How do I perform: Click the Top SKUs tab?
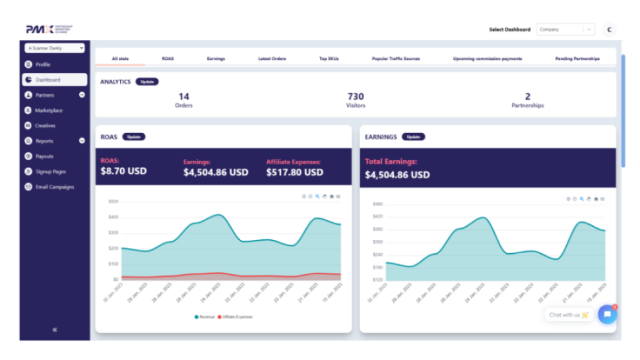point(329,59)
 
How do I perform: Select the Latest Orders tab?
point(272,59)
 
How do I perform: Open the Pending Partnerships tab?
point(577,59)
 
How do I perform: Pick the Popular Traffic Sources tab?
point(395,59)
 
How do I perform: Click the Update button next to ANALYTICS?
point(147,82)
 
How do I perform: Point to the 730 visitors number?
point(356,97)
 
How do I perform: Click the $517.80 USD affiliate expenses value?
point(294,172)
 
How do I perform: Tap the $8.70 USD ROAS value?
point(123,171)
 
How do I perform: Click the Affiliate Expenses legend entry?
point(237,316)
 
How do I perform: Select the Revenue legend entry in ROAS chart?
point(205,316)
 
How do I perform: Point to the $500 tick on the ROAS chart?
point(113,201)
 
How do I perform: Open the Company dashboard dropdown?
point(565,30)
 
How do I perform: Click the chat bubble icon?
point(607,315)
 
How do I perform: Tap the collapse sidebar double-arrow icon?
point(54,329)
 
